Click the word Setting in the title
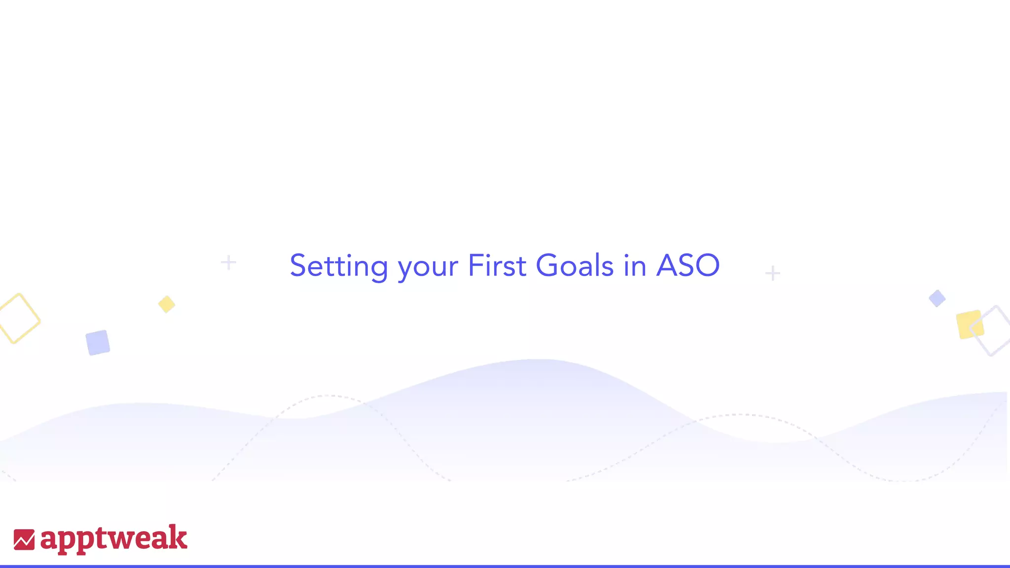tap(339, 266)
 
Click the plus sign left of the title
tap(228, 262)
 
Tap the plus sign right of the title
tap(772, 273)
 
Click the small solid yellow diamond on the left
tap(167, 304)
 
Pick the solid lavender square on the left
tap(98, 343)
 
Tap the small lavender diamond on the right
tap(937, 298)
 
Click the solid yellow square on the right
tap(970, 324)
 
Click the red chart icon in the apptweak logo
tap(24, 539)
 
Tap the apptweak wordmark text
tap(113, 538)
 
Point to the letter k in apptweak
tap(178, 537)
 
